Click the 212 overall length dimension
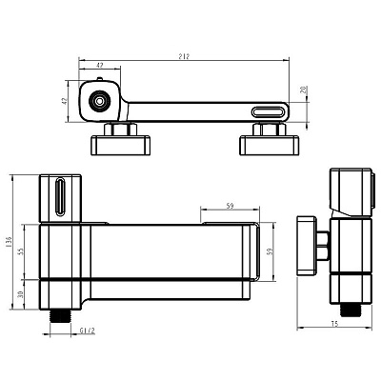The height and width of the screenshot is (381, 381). [x=184, y=56]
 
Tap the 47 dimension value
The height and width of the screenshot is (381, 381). [x=100, y=65]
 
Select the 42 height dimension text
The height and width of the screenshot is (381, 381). [x=65, y=101]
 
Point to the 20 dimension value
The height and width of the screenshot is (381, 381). [x=304, y=90]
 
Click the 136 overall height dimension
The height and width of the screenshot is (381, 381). [x=9, y=242]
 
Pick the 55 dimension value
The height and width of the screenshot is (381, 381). [x=21, y=251]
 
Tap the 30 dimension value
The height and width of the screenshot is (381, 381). [x=21, y=294]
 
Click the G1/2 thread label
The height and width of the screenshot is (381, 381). [x=88, y=331]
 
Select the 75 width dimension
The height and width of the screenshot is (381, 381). [x=334, y=324]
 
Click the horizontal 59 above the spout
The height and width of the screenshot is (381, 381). [x=231, y=206]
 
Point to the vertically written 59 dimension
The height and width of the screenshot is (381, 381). [x=271, y=251]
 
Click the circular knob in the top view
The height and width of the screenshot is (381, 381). [x=100, y=102]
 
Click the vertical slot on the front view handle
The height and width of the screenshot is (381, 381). [x=60, y=197]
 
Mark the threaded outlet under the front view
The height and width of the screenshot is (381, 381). [x=60, y=316]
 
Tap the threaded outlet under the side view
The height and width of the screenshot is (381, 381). [x=350, y=311]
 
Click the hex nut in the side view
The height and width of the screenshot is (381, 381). [x=323, y=245]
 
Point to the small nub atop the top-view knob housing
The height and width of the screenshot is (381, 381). [x=99, y=79]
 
